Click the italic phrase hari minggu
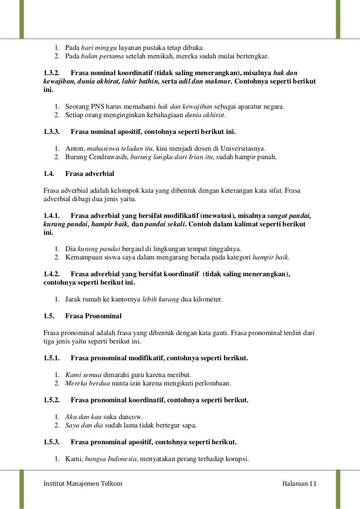click(x=99, y=47)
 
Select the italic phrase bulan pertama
click(x=102, y=56)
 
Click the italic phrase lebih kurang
click(x=161, y=299)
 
